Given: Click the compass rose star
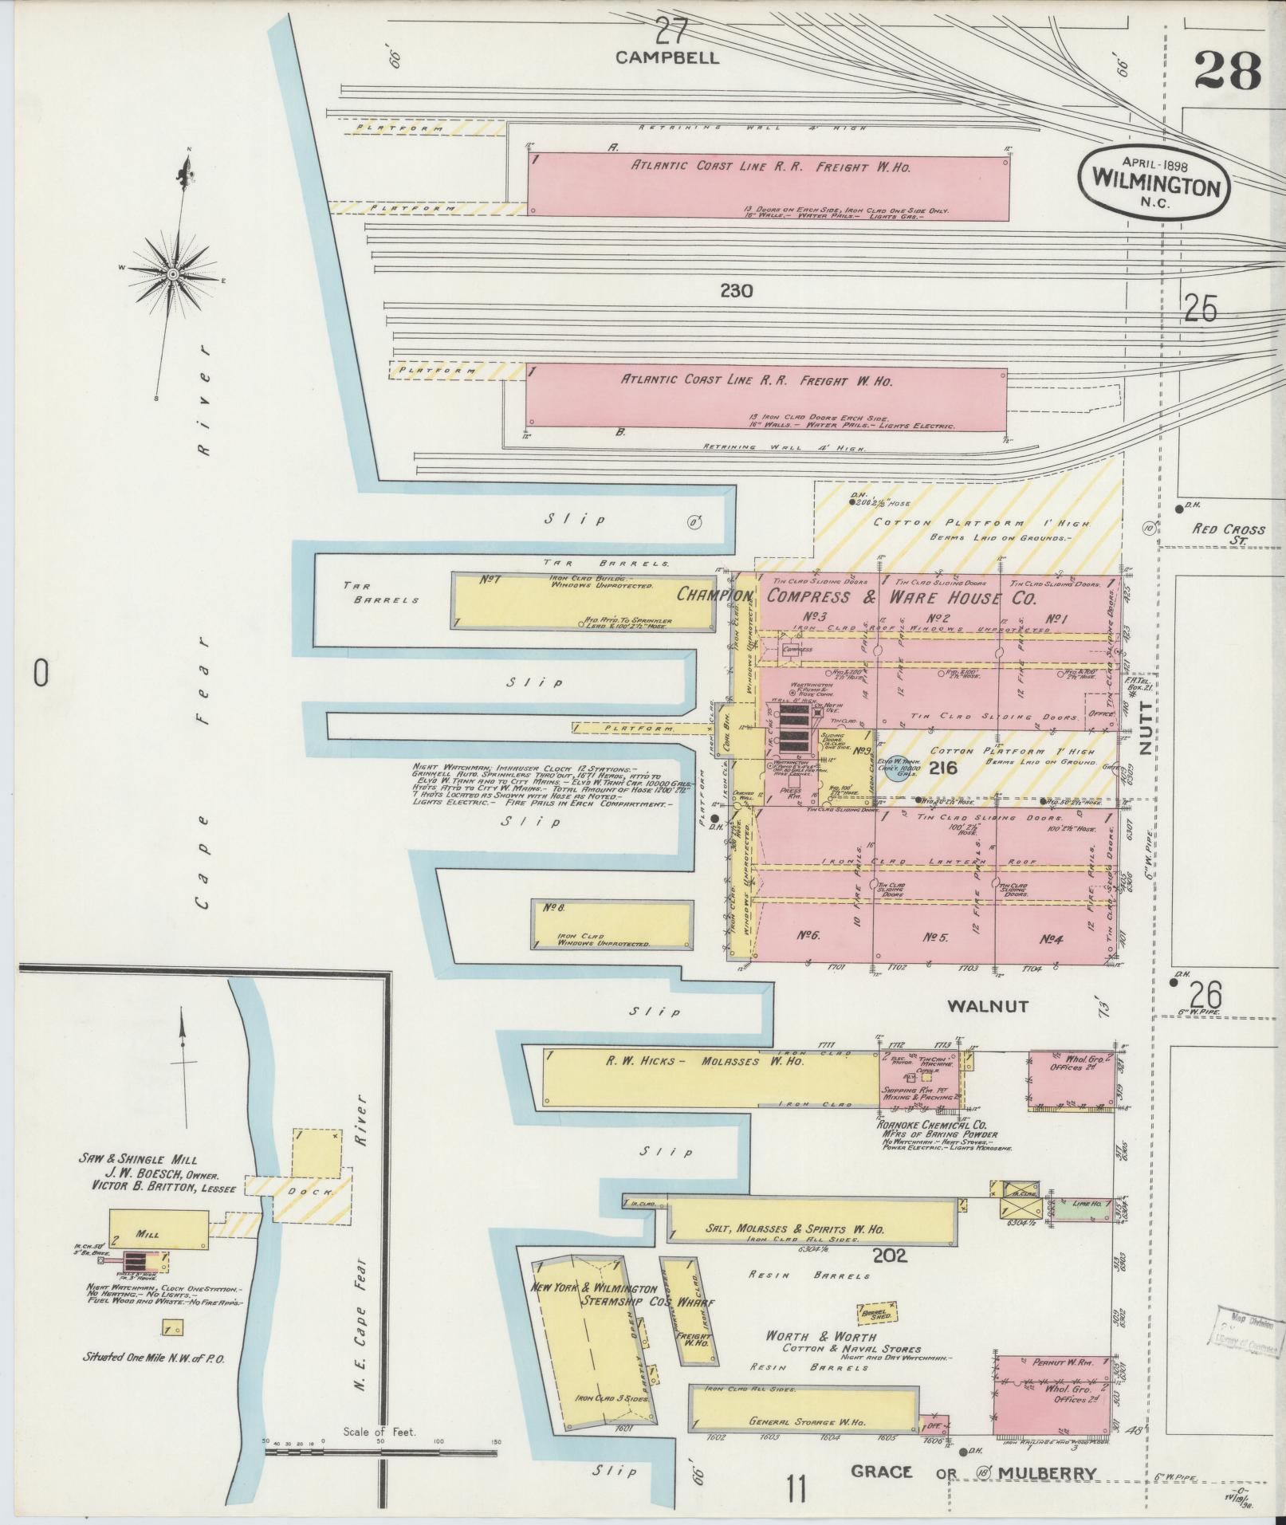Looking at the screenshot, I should [172, 273].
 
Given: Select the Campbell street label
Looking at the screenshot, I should [667, 57].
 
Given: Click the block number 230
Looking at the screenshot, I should [735, 292].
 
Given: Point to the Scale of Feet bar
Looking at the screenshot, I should [380, 1452].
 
